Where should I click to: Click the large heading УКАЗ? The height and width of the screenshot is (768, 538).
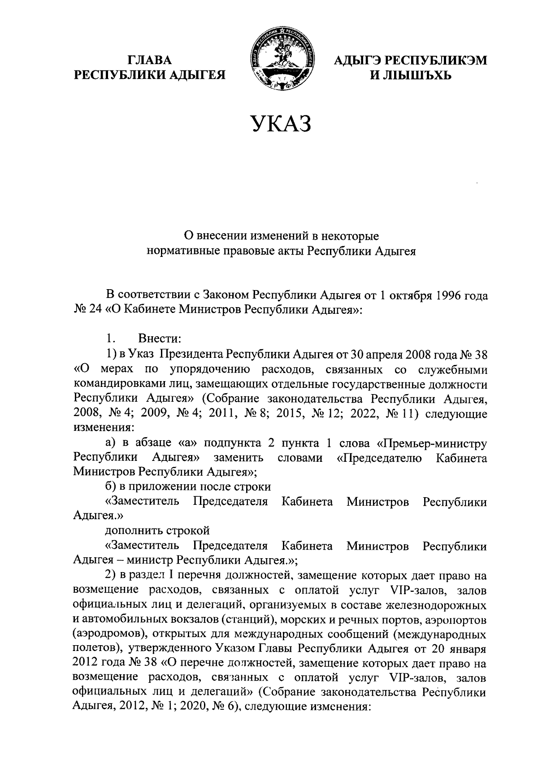click(281, 124)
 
